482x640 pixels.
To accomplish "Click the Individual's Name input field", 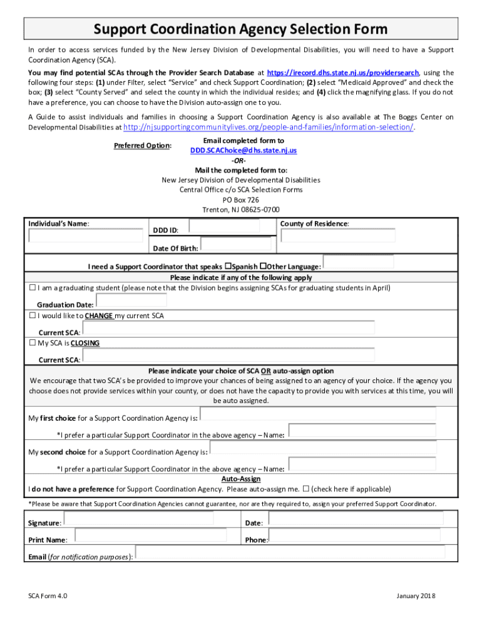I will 86,236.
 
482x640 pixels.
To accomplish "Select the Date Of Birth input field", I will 235,244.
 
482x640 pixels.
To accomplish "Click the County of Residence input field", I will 338,236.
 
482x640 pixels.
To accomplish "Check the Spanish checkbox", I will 228,266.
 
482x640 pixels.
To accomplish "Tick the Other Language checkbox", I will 264,266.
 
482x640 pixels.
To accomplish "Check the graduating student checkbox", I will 33,288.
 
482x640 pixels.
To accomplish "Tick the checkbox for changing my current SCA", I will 33,316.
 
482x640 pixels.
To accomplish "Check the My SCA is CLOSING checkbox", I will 33,343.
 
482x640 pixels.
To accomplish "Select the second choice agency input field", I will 323,447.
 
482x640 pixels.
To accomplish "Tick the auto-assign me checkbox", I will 306,489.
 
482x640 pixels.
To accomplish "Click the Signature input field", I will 138,519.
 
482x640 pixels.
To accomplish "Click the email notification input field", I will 290,552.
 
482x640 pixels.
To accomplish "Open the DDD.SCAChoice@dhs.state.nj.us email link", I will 244,151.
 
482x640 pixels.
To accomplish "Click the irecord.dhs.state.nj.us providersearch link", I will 343,73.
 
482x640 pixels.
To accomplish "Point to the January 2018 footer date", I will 416,596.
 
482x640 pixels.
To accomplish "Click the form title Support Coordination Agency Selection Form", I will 240,29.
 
